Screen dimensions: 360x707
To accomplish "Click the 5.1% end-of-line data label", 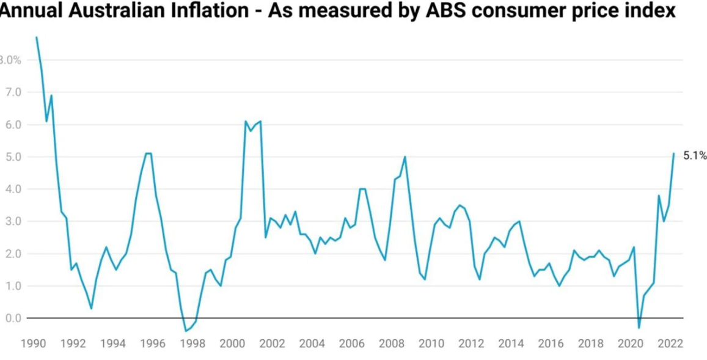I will pyautogui.click(x=694, y=156).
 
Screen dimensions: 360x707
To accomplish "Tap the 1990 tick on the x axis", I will pyautogui.click(x=33, y=343).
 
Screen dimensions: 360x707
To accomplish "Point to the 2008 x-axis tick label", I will pyautogui.click(x=391, y=343).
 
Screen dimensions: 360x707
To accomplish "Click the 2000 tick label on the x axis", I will pyautogui.click(x=232, y=343).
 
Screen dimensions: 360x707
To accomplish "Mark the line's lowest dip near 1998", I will pyautogui.click(x=185, y=331).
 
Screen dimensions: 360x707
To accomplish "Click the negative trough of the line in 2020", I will pyautogui.click(x=639, y=328).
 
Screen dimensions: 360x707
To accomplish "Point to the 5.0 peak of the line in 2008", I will pyautogui.click(x=405, y=156).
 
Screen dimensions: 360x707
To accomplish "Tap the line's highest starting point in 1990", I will pyautogui.click(x=36, y=37).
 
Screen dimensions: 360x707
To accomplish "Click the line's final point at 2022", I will pyautogui.click(x=674, y=153).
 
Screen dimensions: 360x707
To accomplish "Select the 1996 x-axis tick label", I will pyautogui.click(x=153, y=343).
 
